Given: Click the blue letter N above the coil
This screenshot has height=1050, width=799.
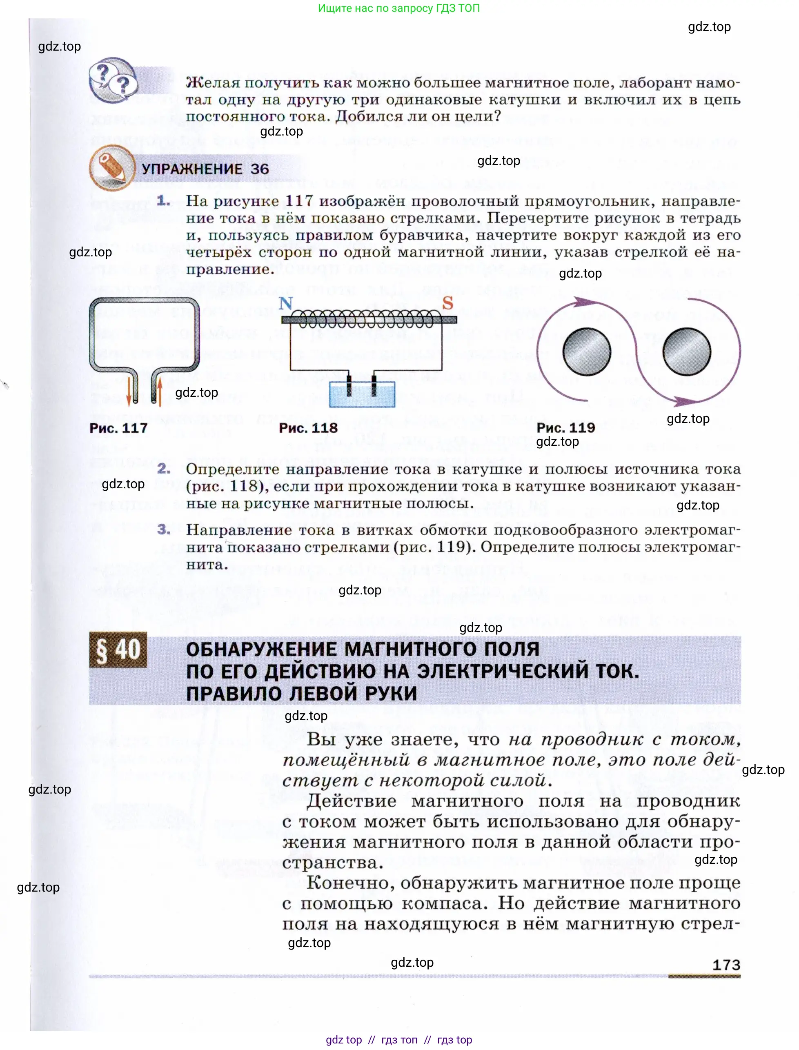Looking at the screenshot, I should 286,303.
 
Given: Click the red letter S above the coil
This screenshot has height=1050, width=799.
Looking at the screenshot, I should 447,303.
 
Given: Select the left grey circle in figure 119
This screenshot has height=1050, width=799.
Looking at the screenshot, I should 586,352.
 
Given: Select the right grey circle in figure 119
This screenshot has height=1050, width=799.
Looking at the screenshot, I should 686,352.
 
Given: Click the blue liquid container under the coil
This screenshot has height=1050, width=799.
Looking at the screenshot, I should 362,394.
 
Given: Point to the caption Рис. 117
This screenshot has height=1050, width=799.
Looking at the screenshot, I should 118,428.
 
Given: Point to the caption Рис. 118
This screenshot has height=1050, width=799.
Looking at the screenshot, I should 308,428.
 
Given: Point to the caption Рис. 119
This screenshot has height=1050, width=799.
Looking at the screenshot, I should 565,427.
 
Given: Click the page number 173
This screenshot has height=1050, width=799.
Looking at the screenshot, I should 726,965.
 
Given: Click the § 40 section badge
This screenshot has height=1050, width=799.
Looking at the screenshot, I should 118,650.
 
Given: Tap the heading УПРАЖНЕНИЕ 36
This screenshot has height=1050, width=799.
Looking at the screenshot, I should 205,169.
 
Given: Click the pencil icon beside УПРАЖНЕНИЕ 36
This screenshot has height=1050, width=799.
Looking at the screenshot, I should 112,168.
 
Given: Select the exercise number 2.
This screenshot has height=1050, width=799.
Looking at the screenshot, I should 164,469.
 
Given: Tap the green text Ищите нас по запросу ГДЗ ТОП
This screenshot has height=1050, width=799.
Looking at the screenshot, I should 398,8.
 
